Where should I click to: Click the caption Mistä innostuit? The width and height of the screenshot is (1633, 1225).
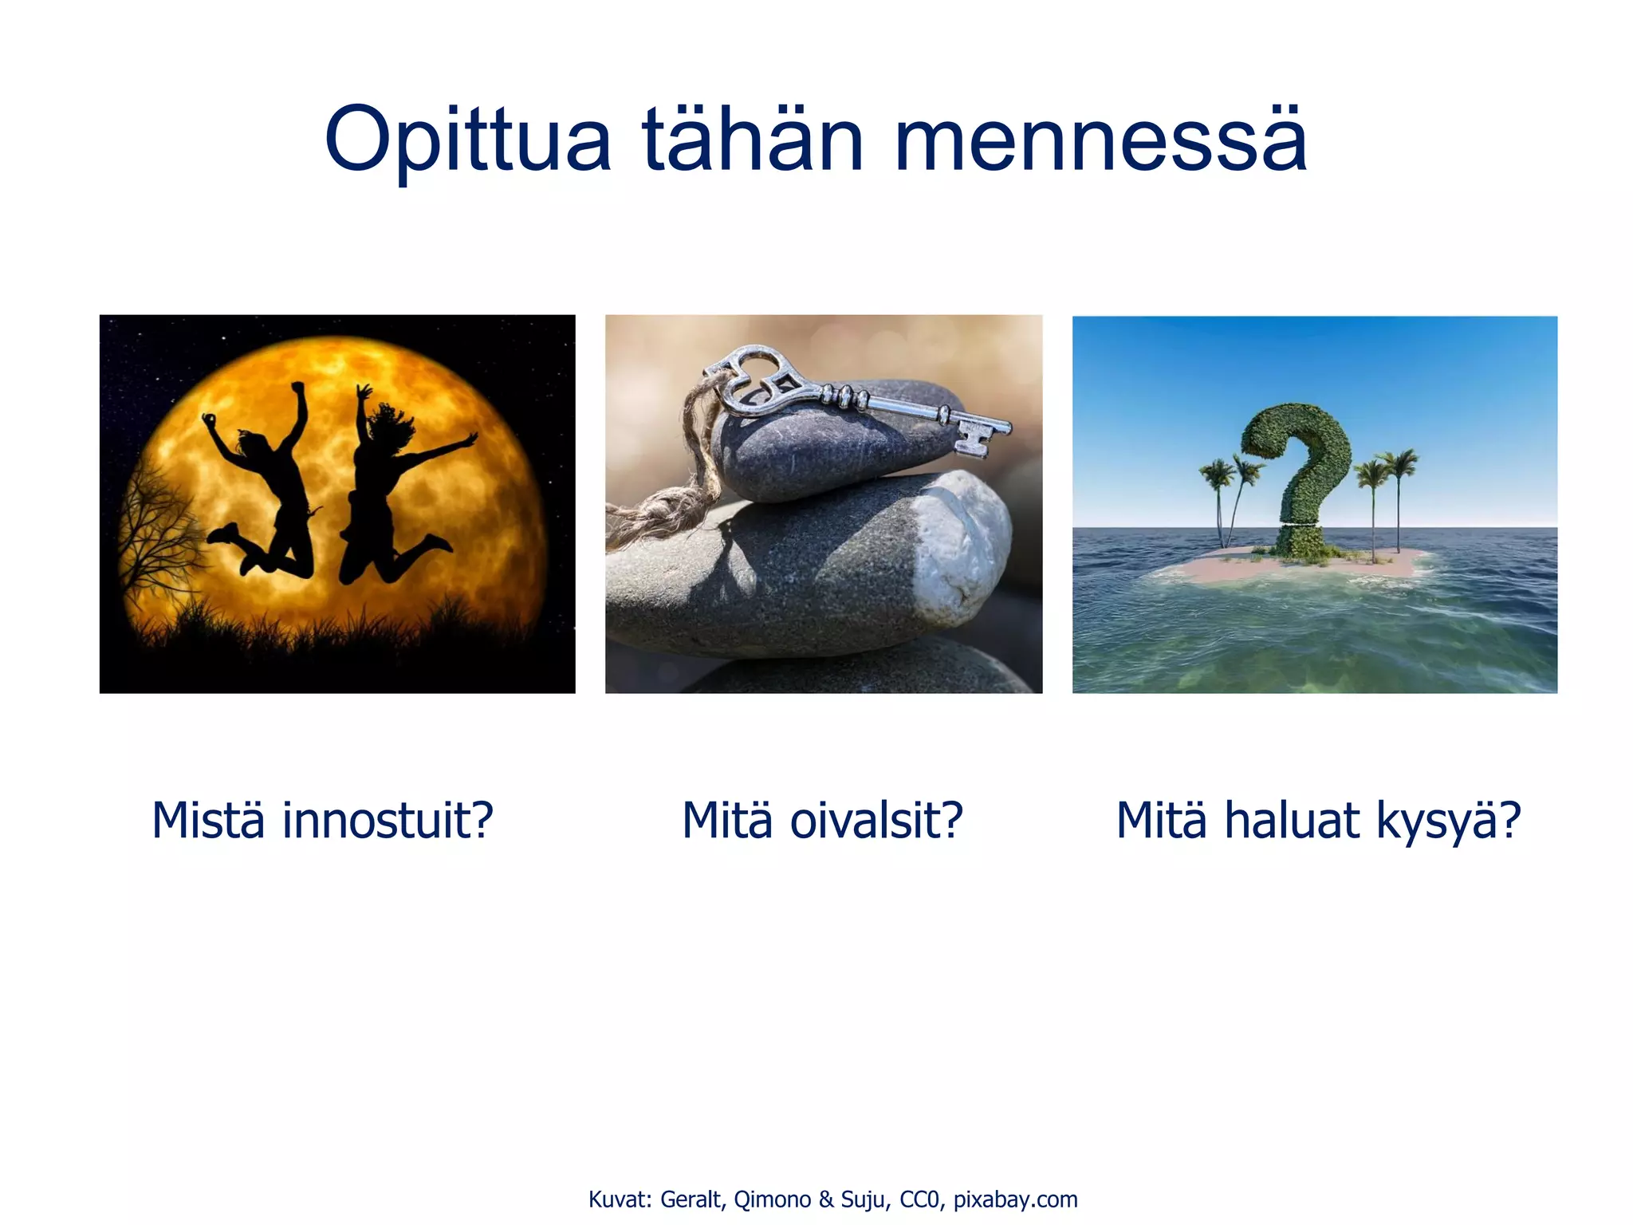tap(322, 821)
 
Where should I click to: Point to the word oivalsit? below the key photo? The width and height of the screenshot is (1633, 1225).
tap(876, 821)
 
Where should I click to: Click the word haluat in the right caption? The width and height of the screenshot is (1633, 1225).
tap(1291, 821)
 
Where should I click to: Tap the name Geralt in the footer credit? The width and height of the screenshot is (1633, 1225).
tap(691, 1199)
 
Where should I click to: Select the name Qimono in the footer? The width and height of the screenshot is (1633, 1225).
tap(772, 1199)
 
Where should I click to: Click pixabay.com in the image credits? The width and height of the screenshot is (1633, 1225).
tap(1015, 1199)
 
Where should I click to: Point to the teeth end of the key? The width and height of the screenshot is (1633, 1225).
tap(977, 435)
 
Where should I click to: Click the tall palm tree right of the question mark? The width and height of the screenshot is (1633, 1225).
tap(1399, 494)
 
